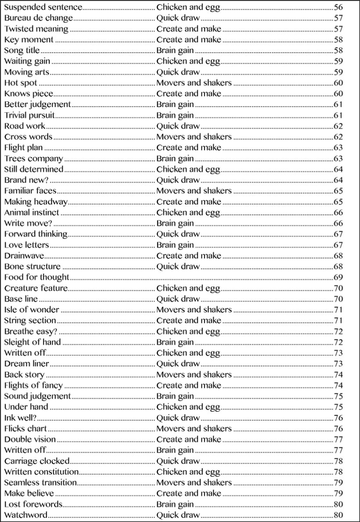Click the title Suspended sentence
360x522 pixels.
43,7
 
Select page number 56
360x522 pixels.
338,7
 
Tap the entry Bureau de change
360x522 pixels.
39,18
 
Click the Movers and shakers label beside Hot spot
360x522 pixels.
194,83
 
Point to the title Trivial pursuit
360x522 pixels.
30,115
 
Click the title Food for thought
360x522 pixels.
37,277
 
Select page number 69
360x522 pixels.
338,277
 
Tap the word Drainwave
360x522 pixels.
24,256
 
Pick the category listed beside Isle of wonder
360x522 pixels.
194,310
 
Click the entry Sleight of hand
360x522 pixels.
32,342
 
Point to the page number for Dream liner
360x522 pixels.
338,364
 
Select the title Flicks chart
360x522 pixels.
25,429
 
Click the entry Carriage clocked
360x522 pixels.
37,461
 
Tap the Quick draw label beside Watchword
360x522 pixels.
178,515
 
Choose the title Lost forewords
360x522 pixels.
33,504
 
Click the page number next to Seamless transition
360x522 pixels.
338,483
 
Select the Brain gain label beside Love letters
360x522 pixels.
175,245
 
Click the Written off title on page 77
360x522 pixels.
25,450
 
